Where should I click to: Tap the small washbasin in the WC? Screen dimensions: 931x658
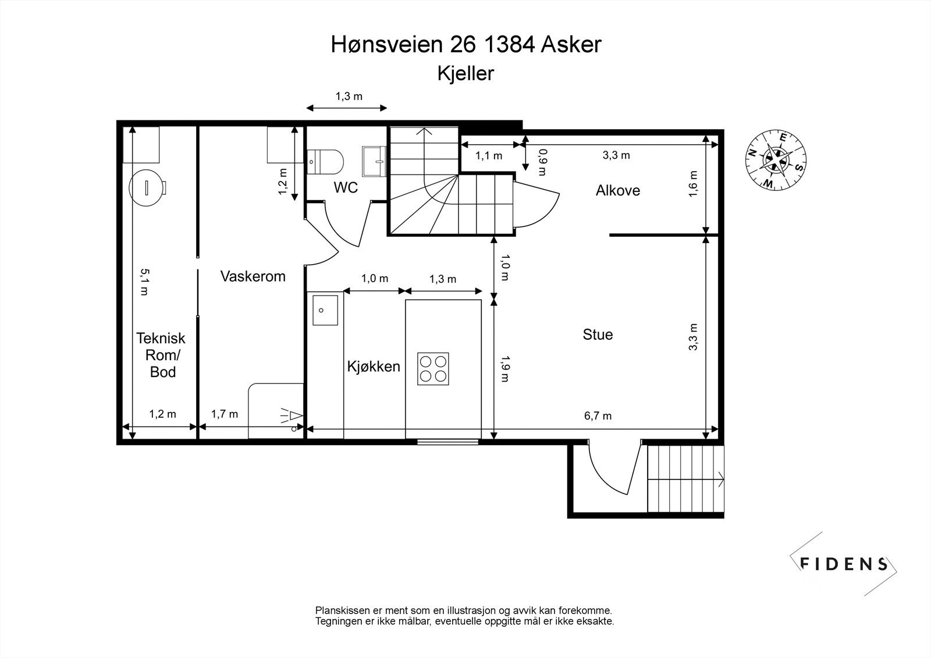point(375,161)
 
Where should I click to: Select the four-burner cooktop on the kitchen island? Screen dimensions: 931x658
point(433,369)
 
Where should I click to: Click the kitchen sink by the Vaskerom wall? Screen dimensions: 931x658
point(325,310)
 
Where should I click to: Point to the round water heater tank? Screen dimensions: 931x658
point(148,188)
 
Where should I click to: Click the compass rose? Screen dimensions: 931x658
point(776,161)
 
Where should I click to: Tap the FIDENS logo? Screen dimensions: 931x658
point(843,564)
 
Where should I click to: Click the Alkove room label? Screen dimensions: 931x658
point(617,190)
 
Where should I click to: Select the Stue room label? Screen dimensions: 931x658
point(598,335)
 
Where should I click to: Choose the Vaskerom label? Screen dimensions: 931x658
point(253,276)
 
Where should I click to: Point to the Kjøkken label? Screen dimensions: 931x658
point(374,367)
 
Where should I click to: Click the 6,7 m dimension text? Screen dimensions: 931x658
point(598,415)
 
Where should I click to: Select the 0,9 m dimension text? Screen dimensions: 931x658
point(542,162)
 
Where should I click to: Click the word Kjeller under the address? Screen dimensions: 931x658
point(465,73)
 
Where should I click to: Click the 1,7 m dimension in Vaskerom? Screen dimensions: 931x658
point(225,414)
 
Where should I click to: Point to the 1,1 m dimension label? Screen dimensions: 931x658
point(489,156)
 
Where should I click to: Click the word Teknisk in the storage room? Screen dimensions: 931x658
point(161,339)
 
